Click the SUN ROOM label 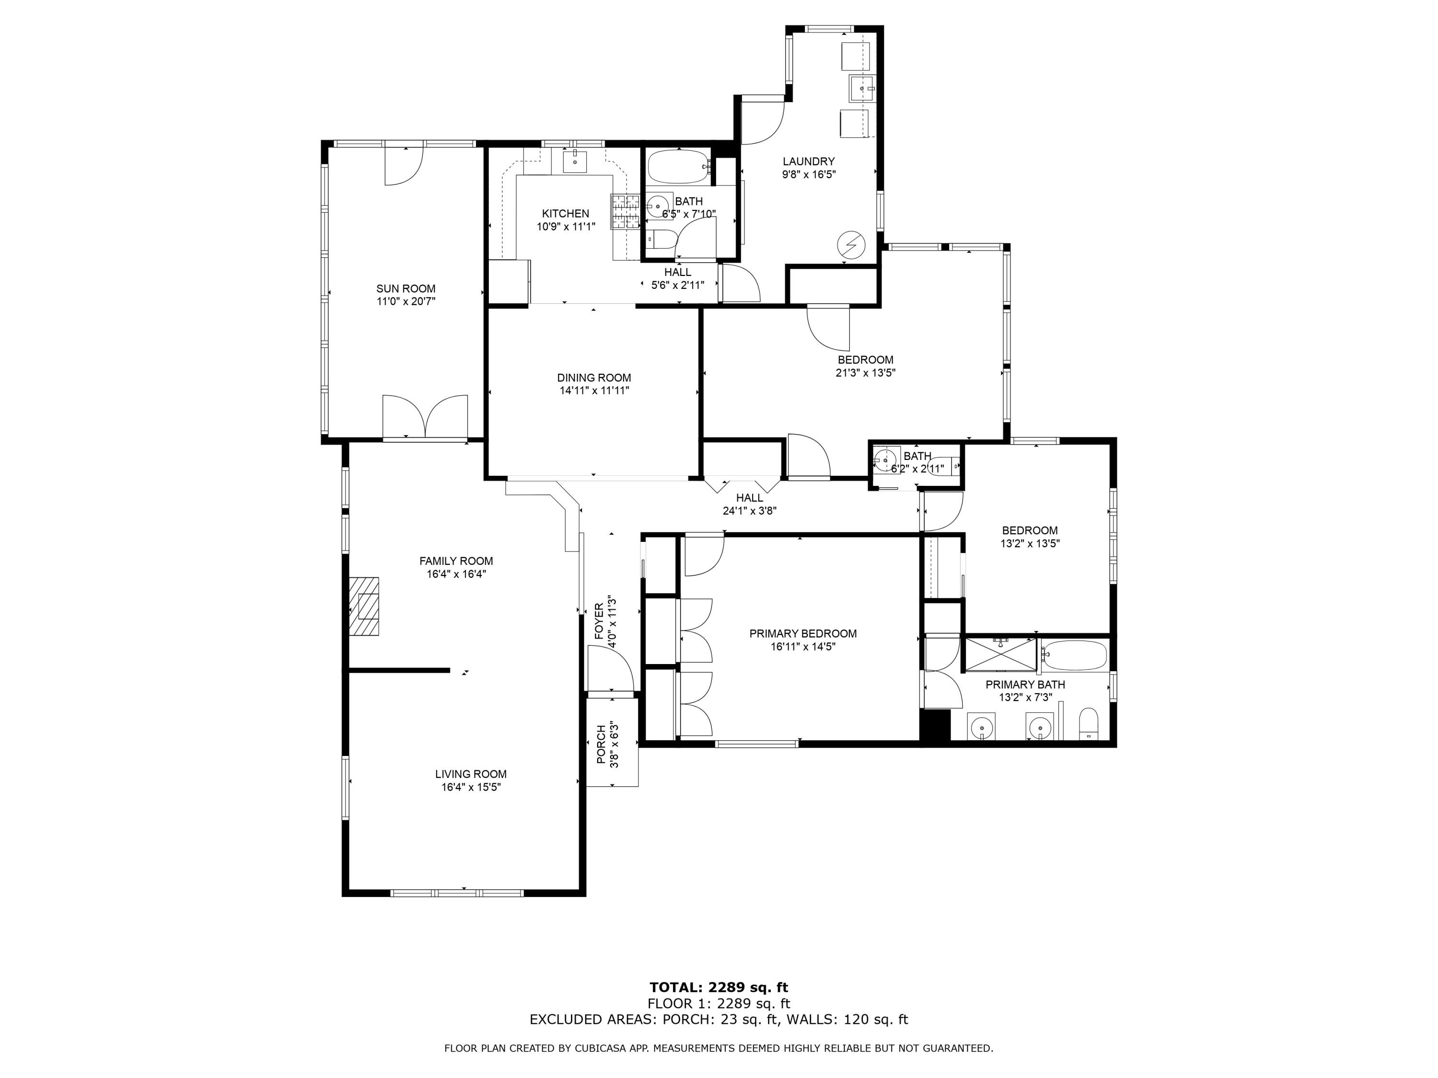click(406, 288)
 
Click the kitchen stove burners click(625, 212)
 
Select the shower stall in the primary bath click(1000, 654)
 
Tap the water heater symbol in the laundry click(851, 245)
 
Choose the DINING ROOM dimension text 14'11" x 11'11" click(594, 391)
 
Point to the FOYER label click(599, 620)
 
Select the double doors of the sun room click(425, 416)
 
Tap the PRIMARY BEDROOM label click(803, 633)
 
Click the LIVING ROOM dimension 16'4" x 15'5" click(471, 787)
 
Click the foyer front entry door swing click(611, 669)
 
